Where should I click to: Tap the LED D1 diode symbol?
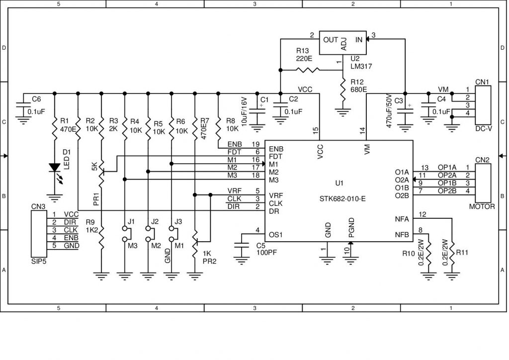point(55,168)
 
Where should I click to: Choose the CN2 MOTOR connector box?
point(483,183)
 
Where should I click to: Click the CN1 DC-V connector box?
point(483,105)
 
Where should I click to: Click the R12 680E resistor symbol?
point(342,90)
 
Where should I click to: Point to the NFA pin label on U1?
point(402,218)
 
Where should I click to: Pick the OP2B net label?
point(447,191)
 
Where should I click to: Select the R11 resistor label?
point(462,253)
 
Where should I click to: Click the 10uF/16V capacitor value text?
point(244,111)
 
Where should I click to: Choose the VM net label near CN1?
point(443,90)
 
